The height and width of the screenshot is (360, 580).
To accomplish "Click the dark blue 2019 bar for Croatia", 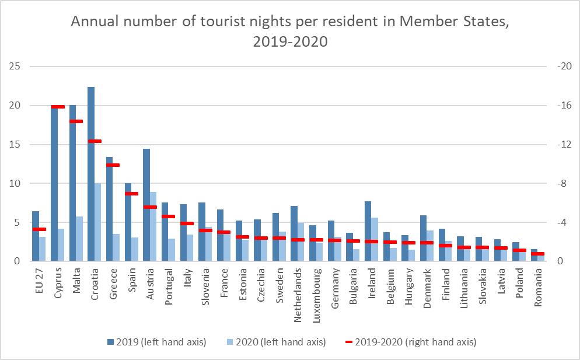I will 91,175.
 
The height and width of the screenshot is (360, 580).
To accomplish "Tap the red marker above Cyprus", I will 58,107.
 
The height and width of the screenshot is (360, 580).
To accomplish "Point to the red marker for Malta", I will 76,121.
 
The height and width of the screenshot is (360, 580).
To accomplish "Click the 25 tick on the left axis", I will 15,67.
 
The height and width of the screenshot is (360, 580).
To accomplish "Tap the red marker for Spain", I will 132,194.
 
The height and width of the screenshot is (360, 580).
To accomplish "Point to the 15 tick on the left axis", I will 15,145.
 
